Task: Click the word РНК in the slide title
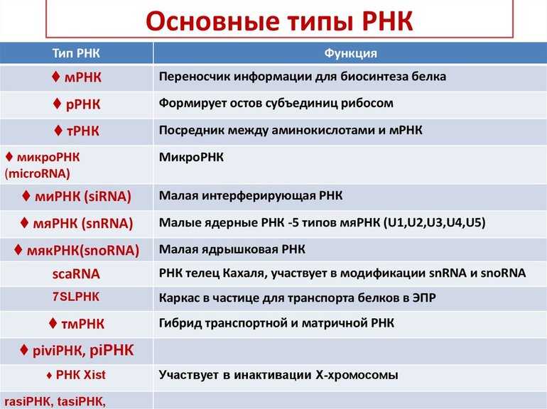pos(387,21)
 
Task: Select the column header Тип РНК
pos(76,53)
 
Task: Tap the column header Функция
pos(351,53)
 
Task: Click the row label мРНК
pos(83,77)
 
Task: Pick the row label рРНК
pos(83,104)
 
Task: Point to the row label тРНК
pos(82,131)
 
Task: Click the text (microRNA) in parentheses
pos(38,173)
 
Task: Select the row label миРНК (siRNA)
pos(83,196)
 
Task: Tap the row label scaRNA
pos(76,274)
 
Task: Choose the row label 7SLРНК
pos(76,297)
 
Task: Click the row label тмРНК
pos(82,324)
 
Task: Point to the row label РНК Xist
pos(80,375)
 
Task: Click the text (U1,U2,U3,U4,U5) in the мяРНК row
pos(434,222)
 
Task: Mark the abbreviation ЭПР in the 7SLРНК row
pos(424,298)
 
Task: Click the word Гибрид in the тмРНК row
pos(180,323)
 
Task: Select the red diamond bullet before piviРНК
pos(23,349)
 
